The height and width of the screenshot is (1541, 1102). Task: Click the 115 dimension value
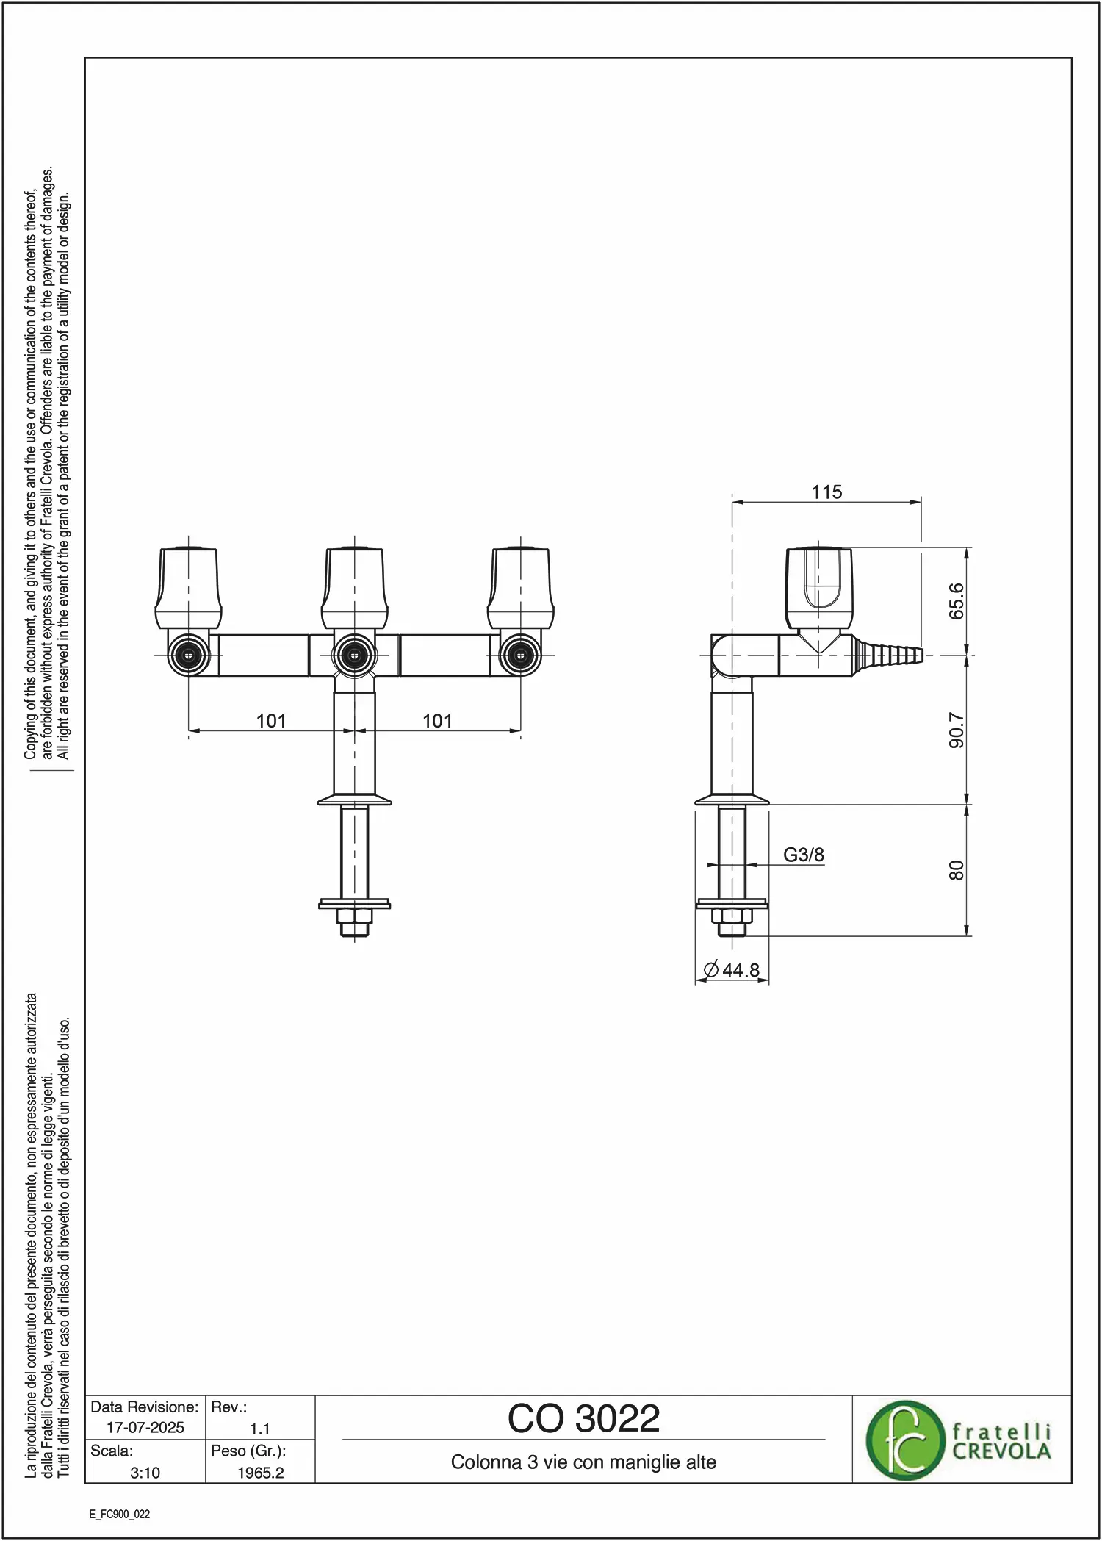[x=826, y=492]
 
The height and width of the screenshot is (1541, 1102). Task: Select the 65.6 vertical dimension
[x=956, y=601]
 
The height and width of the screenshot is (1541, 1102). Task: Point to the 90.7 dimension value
[x=956, y=730]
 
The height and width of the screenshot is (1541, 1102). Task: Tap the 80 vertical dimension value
[x=956, y=871]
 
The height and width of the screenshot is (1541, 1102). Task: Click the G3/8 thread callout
[x=804, y=855]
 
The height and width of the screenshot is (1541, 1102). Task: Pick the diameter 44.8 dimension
[x=731, y=970]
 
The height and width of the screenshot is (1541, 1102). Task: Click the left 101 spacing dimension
[x=271, y=721]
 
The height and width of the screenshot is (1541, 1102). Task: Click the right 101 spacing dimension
[x=437, y=721]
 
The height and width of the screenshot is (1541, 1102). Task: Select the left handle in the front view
[x=188, y=588]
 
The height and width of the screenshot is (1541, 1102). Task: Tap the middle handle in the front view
[x=355, y=588]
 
